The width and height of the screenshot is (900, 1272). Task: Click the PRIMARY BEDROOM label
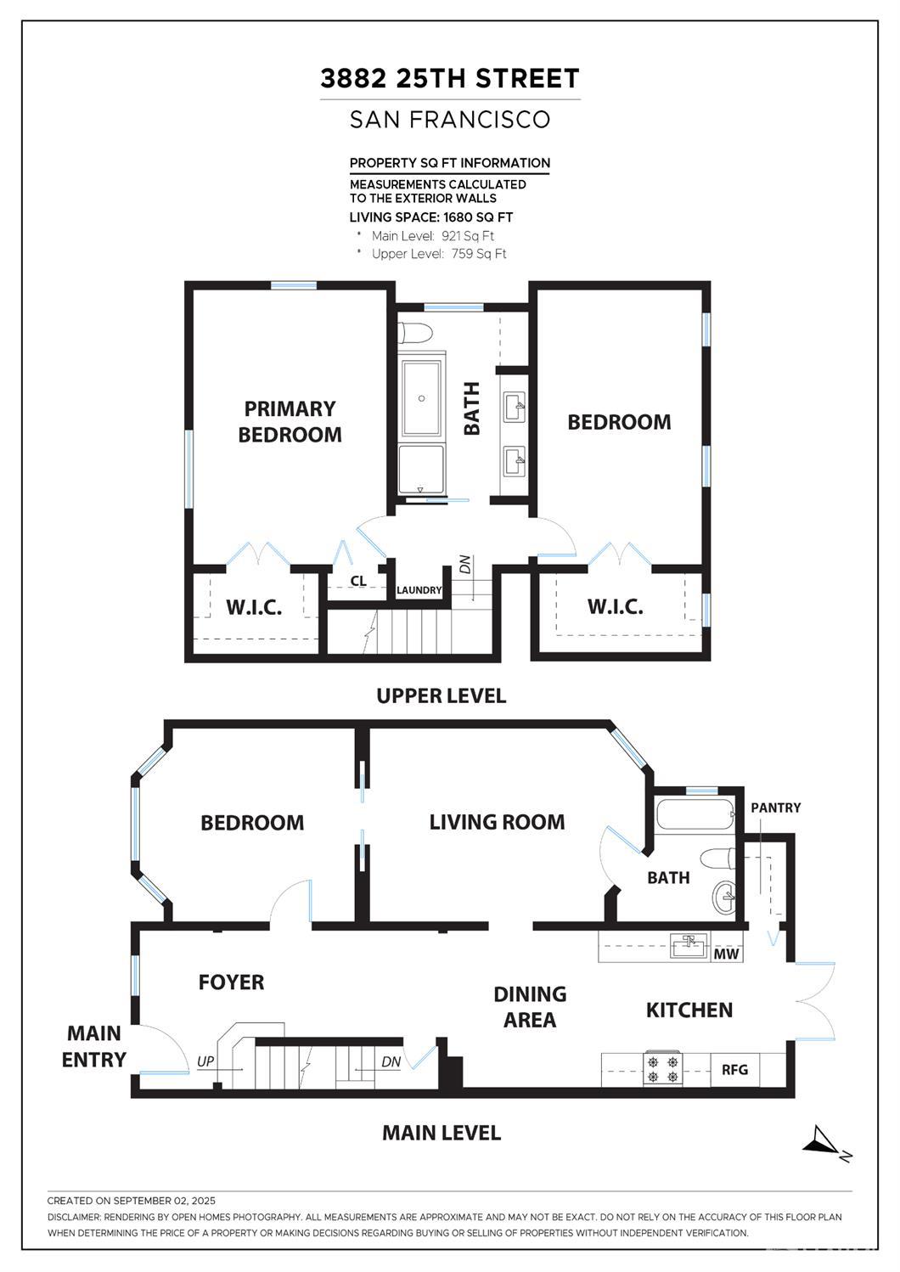(290, 421)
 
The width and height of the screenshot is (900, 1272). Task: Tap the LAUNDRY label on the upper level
(419, 590)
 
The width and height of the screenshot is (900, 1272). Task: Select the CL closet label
(358, 581)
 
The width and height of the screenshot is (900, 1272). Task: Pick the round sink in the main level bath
(724, 897)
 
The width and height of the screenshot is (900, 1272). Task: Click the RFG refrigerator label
(734, 1070)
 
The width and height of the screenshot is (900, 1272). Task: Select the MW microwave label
(727, 954)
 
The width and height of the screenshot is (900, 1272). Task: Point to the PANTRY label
(776, 808)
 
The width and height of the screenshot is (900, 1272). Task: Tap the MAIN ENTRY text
(93, 1047)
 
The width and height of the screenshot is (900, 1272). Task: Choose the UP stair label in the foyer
(205, 1061)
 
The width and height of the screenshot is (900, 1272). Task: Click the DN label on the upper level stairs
(465, 564)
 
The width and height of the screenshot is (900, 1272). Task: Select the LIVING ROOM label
(497, 822)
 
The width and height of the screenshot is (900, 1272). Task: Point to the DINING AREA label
(530, 1007)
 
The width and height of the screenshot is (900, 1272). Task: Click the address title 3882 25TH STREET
(450, 78)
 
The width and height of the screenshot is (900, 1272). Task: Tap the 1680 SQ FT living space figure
(478, 217)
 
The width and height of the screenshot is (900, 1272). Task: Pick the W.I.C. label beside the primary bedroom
(254, 608)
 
